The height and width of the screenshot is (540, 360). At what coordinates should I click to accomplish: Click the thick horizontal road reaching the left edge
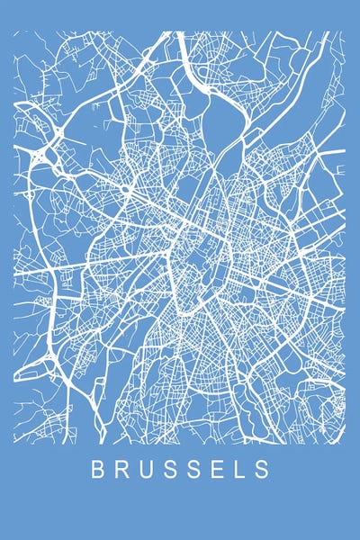[x=36, y=269]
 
